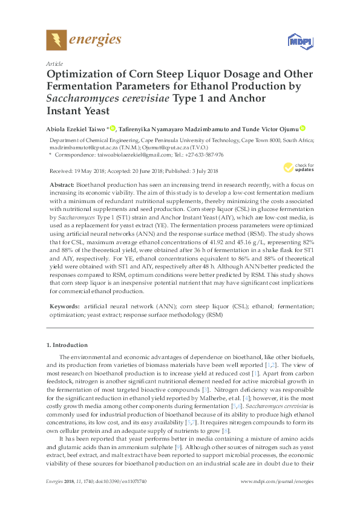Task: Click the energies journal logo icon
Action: point(57,41)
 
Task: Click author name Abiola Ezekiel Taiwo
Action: point(76,128)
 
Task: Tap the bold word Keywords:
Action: point(64,307)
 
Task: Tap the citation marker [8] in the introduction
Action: point(226,397)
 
